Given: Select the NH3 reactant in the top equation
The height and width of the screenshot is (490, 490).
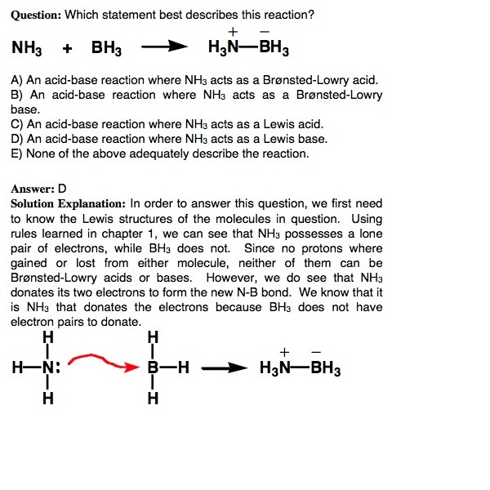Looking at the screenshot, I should [x=28, y=48].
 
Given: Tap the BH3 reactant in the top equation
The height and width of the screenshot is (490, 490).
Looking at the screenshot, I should [x=106, y=48].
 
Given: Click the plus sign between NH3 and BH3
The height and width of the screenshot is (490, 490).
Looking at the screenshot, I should [x=67, y=48].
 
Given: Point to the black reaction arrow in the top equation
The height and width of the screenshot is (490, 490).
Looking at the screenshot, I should [x=159, y=47].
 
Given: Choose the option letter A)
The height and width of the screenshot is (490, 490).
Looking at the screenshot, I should [x=16, y=82].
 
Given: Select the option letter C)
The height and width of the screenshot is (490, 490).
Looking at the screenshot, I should [x=16, y=124].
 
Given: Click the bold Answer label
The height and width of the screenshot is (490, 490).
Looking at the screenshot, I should [x=32, y=187].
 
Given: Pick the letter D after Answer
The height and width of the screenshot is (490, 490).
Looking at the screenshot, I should [x=62, y=187].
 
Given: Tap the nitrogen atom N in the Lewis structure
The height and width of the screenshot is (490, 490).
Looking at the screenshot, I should [x=49, y=367].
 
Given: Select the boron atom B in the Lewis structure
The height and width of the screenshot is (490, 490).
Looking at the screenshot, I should [x=152, y=367].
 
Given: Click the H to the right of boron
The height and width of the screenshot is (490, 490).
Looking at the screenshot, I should [x=184, y=367].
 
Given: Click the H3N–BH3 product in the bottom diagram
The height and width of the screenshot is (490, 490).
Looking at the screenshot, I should [x=300, y=368].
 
